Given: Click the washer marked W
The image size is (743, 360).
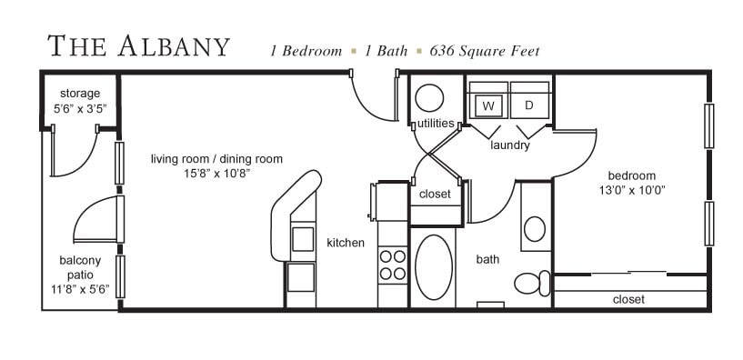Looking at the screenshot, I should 488,106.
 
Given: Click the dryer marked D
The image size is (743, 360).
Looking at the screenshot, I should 529,106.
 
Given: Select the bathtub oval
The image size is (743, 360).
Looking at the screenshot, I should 434,266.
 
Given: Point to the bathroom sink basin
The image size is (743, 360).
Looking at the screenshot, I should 535,227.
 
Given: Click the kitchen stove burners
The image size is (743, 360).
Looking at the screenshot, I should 393,265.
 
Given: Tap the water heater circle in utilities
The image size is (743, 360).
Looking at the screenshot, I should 429,98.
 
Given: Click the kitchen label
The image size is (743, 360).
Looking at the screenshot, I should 346,243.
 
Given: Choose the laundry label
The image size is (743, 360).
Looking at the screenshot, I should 509,145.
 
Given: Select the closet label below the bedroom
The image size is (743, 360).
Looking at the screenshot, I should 628,299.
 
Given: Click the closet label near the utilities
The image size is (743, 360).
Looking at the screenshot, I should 435,194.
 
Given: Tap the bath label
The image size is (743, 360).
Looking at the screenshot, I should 487,259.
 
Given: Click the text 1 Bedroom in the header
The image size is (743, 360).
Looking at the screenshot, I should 306,51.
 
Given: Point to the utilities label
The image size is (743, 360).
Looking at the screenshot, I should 437,123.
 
